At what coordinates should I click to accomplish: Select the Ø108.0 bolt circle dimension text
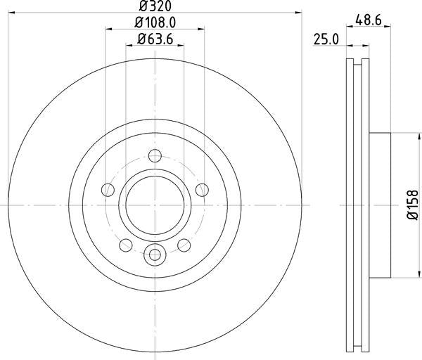[x=155, y=23]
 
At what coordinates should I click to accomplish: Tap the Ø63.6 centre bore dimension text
[x=155, y=39]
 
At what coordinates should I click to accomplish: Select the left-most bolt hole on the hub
[x=108, y=189]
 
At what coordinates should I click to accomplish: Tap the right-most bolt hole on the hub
[x=202, y=189]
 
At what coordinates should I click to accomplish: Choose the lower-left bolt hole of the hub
[x=126, y=244]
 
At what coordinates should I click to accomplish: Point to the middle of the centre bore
[x=155, y=204]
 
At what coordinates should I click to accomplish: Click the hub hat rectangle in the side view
[x=380, y=204]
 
